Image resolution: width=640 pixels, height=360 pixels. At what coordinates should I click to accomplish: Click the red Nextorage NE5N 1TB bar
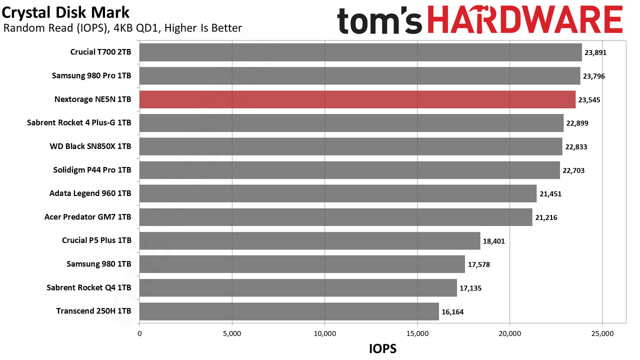click(x=357, y=99)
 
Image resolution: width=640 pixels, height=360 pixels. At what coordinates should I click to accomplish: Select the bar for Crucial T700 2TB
click(x=360, y=52)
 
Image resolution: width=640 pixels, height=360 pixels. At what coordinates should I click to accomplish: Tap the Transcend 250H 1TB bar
click(x=289, y=311)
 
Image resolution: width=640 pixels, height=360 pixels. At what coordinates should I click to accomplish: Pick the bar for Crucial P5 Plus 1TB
click(x=309, y=241)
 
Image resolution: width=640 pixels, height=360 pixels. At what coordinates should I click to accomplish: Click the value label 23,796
click(x=593, y=76)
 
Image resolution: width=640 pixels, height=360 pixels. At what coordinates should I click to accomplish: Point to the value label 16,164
click(x=452, y=311)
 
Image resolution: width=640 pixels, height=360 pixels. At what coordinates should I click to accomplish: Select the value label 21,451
click(x=550, y=194)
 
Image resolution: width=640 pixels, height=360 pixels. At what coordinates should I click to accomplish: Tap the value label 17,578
click(x=478, y=264)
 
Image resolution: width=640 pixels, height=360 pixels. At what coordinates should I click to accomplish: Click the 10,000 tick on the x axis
click(x=325, y=333)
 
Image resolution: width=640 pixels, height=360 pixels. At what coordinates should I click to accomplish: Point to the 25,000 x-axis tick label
click(x=602, y=333)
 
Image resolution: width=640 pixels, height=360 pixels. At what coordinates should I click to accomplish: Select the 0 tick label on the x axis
click(x=139, y=333)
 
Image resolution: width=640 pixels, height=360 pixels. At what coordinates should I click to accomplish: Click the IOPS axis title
click(x=382, y=348)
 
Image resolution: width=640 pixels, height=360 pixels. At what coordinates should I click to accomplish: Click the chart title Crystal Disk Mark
click(x=65, y=12)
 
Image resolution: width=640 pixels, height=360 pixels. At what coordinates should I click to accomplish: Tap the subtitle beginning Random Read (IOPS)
click(x=122, y=28)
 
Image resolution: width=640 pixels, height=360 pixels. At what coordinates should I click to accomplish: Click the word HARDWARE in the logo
click(x=525, y=19)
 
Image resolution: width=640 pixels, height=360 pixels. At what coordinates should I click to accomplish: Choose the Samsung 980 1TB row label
click(x=99, y=263)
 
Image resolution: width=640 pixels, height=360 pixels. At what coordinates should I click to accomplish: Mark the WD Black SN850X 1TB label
click(x=90, y=146)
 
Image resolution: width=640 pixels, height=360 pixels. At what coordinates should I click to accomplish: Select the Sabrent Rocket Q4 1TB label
click(x=89, y=287)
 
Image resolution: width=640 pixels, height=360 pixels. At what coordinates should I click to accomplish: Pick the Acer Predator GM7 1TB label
click(x=87, y=217)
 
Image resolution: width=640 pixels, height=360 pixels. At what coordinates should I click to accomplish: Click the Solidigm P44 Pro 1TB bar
click(x=349, y=170)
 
